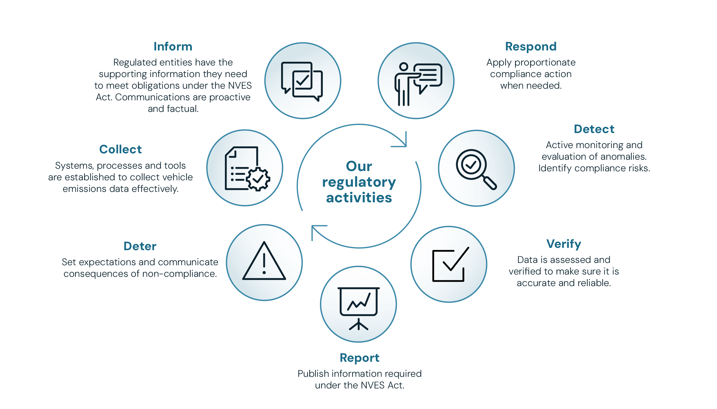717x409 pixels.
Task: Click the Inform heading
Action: click(173, 47)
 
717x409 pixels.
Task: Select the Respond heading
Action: click(531, 47)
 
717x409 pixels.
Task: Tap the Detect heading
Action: click(594, 129)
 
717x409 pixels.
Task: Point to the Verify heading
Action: click(563, 244)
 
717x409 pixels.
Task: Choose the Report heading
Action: click(359, 358)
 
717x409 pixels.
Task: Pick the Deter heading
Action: click(140, 246)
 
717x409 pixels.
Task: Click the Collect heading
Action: click(120, 150)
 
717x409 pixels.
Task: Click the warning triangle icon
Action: click(264, 262)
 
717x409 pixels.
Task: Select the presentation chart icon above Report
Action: click(358, 307)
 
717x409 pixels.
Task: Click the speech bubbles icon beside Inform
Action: click(302, 81)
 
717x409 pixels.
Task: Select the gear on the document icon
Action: click(258, 179)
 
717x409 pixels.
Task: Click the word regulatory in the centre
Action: click(359, 183)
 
